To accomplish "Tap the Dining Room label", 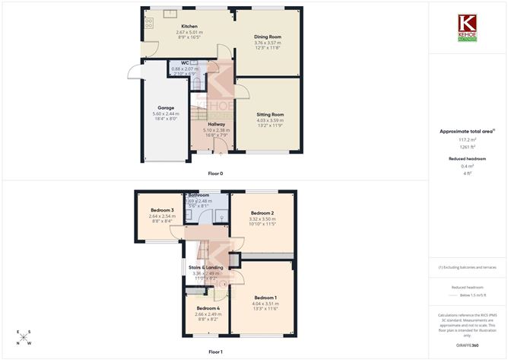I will (267, 37).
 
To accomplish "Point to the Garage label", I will (166, 107).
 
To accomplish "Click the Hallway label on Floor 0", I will (217, 123).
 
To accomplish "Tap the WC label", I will (184, 63).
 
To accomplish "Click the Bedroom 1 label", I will (265, 297).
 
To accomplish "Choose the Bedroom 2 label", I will (262, 213).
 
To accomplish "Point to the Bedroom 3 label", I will (162, 210).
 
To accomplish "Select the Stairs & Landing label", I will (207, 267).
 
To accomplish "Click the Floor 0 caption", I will (215, 174).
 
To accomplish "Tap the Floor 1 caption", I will (215, 352).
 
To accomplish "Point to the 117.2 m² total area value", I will (466, 139).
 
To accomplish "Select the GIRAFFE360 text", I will (466, 346).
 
